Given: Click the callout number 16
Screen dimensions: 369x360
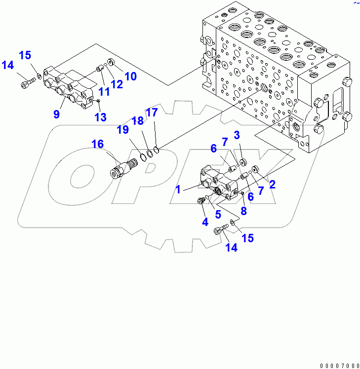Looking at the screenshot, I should point(97,144).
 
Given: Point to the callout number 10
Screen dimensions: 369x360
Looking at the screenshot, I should point(130,76).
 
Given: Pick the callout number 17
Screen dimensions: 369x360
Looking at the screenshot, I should point(152,112).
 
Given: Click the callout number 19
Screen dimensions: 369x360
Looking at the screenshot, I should point(122,130).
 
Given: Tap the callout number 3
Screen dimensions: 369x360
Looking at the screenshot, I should point(237,135).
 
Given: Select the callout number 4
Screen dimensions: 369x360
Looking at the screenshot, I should point(204,221).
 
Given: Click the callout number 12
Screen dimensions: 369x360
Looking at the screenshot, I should point(117,84).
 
